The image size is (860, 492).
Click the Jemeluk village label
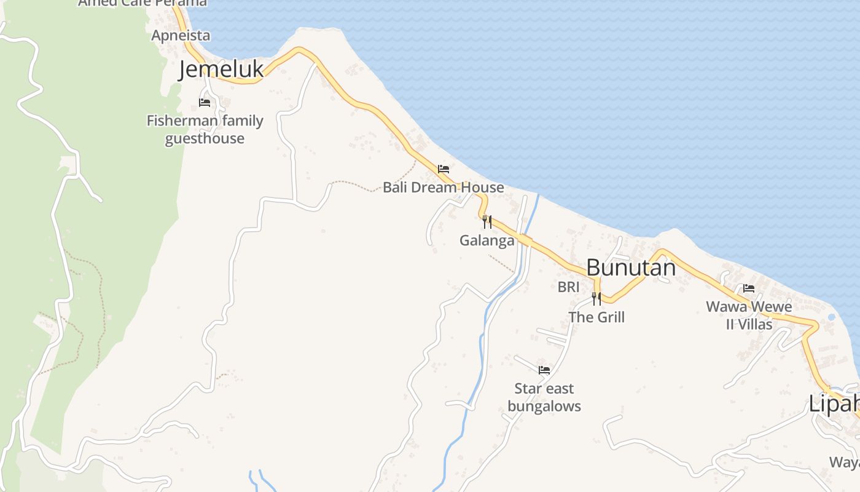pyautogui.click(x=221, y=69)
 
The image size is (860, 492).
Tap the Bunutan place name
pyautogui.click(x=631, y=268)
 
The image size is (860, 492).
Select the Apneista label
pyautogui.click(x=181, y=36)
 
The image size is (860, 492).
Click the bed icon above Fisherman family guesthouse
pyautogui.click(x=205, y=103)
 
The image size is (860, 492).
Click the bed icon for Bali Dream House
pyautogui.click(x=444, y=169)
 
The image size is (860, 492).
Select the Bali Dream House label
pyautogui.click(x=444, y=188)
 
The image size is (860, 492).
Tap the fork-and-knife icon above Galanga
pyautogui.click(x=487, y=221)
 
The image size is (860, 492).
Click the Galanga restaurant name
pyautogui.click(x=487, y=240)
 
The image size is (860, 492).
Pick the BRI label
pyautogui.click(x=568, y=287)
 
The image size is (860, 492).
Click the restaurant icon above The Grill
pyautogui.click(x=596, y=299)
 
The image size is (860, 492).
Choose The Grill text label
pyautogui.click(x=596, y=317)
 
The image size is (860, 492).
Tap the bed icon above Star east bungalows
pyautogui.click(x=544, y=370)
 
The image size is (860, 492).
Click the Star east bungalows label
pyautogui.click(x=544, y=397)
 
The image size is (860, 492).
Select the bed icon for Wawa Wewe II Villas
pyautogui.click(x=749, y=288)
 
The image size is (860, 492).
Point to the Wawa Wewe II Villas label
pyautogui.click(x=749, y=315)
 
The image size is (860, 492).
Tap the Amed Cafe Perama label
pyautogui.click(x=143, y=3)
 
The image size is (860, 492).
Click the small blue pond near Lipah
pyautogui.click(x=832, y=317)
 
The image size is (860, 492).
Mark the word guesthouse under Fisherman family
pyautogui.click(x=205, y=138)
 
